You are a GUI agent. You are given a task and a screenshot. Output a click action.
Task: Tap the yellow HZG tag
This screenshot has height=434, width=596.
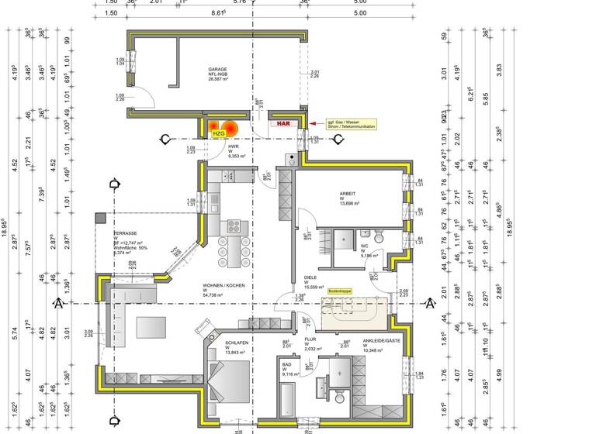coord(218,133)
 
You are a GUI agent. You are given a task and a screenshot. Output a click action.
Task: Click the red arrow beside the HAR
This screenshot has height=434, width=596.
coord(312,123)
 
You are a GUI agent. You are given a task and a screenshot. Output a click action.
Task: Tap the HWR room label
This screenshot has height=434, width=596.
coord(233,146)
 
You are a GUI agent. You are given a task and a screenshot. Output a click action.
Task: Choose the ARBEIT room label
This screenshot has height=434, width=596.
coord(347,194)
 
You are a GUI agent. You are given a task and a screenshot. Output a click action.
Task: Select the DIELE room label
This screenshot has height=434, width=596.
coord(310,278)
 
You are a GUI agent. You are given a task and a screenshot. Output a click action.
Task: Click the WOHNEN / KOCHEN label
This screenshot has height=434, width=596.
coord(223,285)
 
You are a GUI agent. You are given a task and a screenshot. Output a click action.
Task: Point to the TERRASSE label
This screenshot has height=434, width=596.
coord(126,233)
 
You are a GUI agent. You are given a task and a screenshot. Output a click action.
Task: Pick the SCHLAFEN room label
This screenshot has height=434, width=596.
coord(237,342)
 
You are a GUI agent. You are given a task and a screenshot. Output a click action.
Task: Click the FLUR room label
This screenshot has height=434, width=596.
coord(310,339)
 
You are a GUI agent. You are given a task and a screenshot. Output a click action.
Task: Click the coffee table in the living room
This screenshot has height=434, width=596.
coord(151,326)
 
